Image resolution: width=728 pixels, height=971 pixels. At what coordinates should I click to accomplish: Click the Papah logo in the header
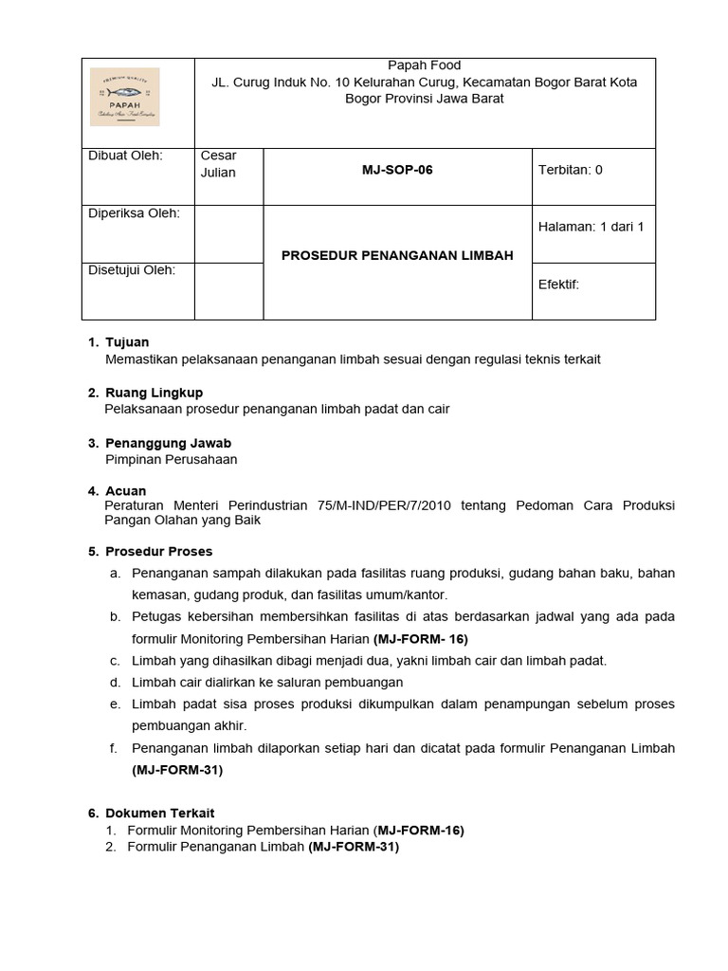124,97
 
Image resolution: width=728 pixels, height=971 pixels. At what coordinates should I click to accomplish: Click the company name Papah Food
425,65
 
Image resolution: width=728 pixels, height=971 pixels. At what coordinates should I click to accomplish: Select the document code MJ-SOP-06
397,171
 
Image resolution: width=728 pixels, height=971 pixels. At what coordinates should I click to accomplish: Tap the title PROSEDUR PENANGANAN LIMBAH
397,255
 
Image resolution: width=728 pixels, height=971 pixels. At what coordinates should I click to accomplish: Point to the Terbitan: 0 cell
570,171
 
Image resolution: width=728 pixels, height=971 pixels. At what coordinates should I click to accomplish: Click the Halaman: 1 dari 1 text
591,227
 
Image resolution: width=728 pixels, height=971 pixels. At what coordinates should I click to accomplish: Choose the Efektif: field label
558,284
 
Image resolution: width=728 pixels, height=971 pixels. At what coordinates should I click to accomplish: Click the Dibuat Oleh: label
125,156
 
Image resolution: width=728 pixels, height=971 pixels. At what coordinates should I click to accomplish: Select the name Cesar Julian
219,164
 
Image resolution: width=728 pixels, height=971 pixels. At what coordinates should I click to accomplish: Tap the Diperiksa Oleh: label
134,213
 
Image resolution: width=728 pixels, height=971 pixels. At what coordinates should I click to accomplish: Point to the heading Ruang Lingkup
154,393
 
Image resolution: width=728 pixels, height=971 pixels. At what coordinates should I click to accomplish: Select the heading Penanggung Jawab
168,443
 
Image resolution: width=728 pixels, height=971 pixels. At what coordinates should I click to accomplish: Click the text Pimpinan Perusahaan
172,460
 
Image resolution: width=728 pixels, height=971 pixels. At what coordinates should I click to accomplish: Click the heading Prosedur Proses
158,552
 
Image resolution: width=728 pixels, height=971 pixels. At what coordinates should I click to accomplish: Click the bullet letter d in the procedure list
114,683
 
